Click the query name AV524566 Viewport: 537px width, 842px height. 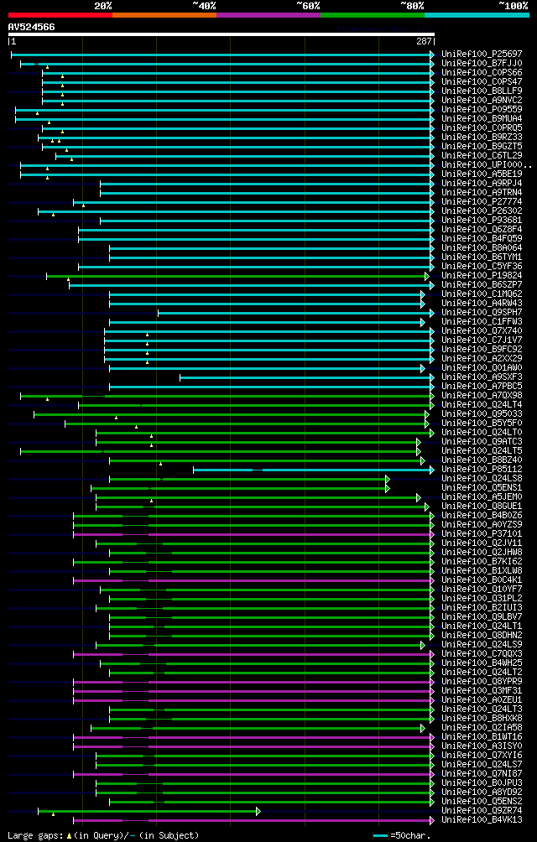click(32, 27)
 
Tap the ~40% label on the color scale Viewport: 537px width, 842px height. click(204, 5)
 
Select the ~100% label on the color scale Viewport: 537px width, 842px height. click(514, 5)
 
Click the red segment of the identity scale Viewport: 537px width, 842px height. click(59, 14)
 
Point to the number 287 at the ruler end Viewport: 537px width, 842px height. click(424, 41)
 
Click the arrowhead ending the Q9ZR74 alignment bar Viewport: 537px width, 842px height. click(258, 811)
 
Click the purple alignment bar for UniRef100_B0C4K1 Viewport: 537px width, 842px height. click(252, 580)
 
